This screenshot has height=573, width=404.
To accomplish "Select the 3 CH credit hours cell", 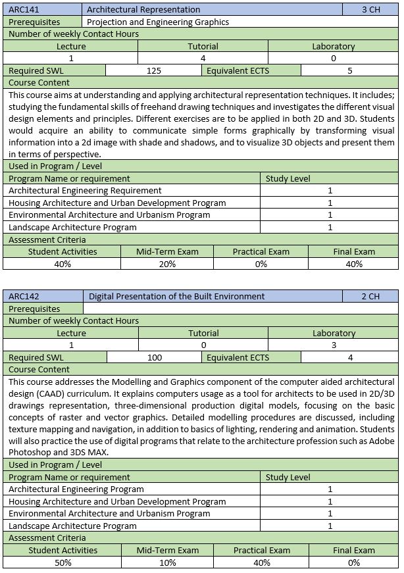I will coord(370,10).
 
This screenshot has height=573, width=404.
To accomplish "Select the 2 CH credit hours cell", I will coord(370,297).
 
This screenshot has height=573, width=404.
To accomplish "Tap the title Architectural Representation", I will coord(143,10).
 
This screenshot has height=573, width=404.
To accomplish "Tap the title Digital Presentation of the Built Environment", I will coord(176,297).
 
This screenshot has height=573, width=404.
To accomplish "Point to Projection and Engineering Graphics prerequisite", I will coord(158,22).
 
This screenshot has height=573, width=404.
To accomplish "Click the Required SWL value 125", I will coord(154,71).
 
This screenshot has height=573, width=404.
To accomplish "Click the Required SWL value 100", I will coord(155,358).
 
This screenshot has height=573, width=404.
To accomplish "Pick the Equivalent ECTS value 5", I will coord(350,71).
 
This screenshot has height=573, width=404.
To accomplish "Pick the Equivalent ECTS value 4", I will coord(350,358).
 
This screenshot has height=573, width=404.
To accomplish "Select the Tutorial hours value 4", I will coord(203,59).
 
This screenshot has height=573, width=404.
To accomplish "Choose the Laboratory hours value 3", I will coord(334,345).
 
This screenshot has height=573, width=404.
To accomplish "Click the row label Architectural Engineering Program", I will coord(76,489).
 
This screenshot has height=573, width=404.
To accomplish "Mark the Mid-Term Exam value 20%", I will coord(167,264).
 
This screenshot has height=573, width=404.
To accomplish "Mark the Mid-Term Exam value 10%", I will coord(167,562).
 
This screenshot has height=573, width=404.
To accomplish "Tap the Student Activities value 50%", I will coord(63,562).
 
